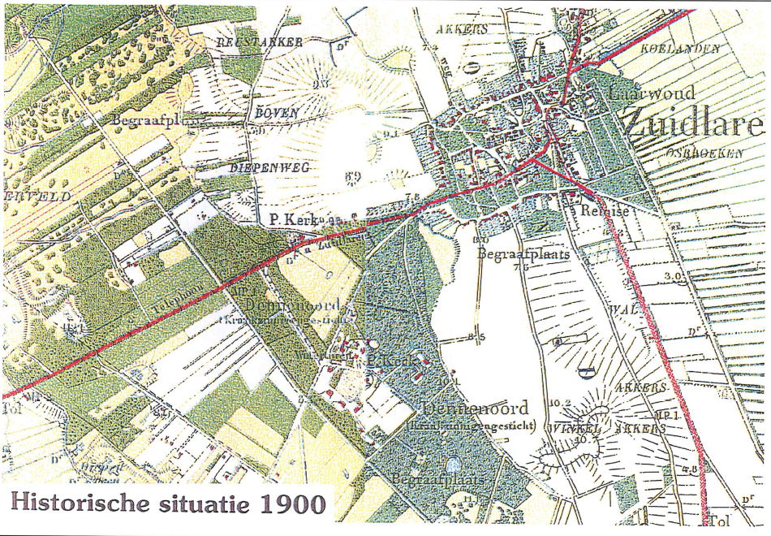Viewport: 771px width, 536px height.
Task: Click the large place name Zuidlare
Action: tap(694, 123)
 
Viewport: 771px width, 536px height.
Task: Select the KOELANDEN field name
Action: tap(680, 50)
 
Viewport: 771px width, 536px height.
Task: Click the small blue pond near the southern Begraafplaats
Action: tap(452, 465)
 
